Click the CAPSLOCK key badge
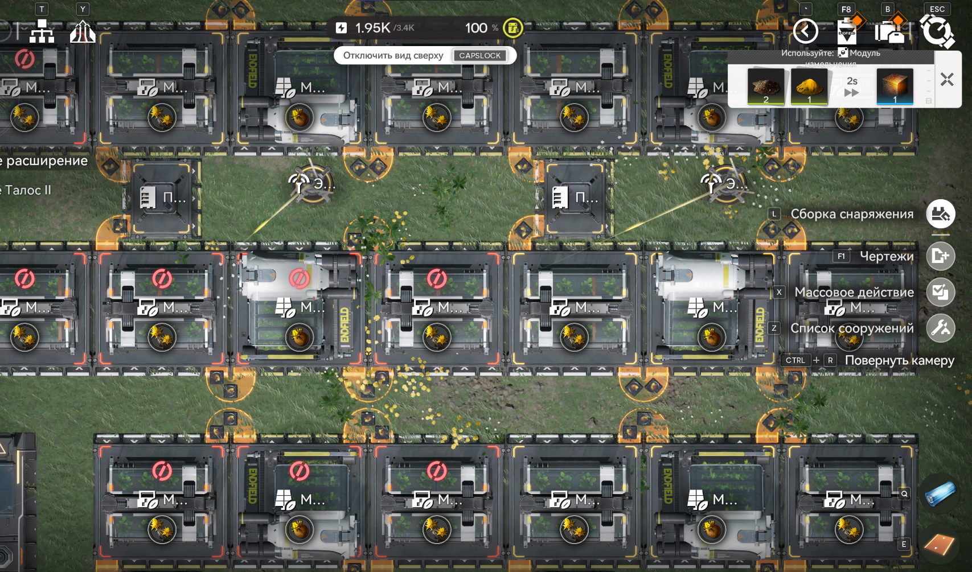click(x=480, y=55)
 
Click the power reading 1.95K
click(x=372, y=28)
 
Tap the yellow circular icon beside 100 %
click(x=513, y=28)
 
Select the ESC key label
click(x=937, y=9)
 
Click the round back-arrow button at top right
click(x=805, y=31)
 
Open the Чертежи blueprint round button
click(x=940, y=257)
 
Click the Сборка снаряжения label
click(x=852, y=214)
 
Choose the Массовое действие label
click(x=854, y=293)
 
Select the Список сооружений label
click(x=852, y=328)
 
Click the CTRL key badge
click(x=795, y=360)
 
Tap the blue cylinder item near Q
click(x=940, y=493)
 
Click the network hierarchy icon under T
click(x=42, y=32)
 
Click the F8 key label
click(x=846, y=9)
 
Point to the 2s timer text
click(x=852, y=81)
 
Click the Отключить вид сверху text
click(x=393, y=55)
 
